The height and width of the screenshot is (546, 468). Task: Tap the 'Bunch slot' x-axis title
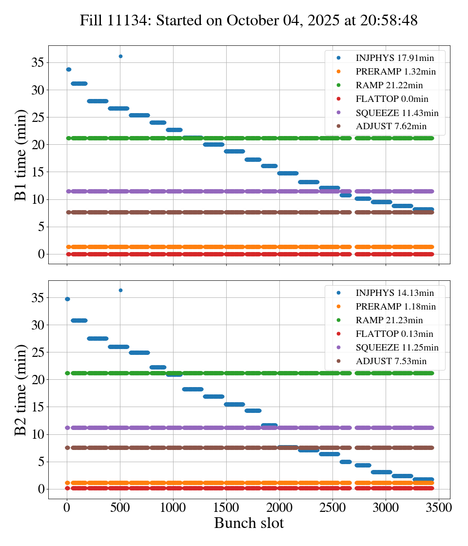coord(249,523)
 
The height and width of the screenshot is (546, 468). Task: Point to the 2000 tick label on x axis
coord(279,507)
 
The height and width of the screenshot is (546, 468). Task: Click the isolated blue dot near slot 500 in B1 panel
coord(120,56)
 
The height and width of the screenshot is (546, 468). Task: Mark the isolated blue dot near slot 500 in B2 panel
coord(120,290)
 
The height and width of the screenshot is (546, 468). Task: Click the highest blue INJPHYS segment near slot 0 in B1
coord(69,69)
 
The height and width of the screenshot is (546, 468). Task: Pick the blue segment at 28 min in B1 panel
coord(97,101)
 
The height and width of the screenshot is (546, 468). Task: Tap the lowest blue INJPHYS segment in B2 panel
coord(423,479)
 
